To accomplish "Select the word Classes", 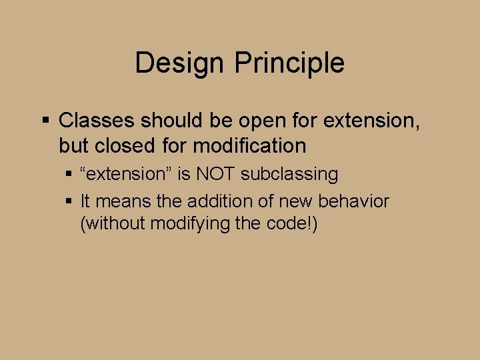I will point(97,121).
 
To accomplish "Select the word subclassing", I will point(289,175).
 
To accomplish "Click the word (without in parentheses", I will point(112,224).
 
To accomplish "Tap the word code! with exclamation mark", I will point(291,224).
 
